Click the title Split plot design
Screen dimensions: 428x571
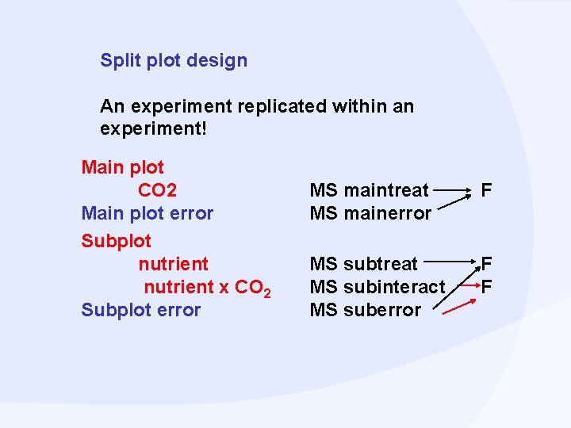174,60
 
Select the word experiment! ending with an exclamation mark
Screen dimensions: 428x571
153,128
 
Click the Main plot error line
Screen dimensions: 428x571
148,213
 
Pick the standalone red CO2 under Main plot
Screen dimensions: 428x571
157,190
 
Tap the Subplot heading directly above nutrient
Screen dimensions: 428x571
116,240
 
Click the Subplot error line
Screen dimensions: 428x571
140,310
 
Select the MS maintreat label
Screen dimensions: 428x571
369,190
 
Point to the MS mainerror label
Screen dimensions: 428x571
370,213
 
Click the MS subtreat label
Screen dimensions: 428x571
363,263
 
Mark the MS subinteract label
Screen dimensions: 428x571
377,287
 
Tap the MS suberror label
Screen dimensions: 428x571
366,310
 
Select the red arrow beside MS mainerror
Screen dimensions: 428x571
453,204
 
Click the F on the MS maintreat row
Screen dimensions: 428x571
486,190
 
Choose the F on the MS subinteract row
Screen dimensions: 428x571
486,286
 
